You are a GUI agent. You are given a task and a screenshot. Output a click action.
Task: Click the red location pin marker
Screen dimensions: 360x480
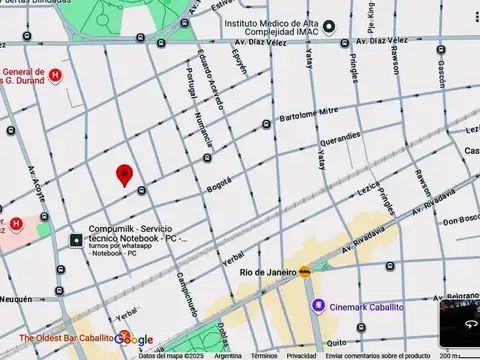pyautogui.click(x=124, y=175)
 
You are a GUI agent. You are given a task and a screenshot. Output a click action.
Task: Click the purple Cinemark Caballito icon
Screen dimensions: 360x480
pyautogui.click(x=318, y=306)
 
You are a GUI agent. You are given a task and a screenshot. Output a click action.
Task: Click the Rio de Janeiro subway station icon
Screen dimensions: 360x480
pyautogui.click(x=304, y=271)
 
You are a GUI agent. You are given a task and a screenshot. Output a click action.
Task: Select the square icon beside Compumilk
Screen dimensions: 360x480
pyautogui.click(x=76, y=240)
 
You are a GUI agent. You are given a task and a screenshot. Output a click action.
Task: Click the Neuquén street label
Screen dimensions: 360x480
pyautogui.click(x=17, y=299)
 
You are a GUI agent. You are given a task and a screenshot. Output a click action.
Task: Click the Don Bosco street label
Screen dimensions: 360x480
pyautogui.click(x=461, y=220)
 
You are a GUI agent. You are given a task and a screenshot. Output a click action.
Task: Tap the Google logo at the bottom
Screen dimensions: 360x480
pyautogui.click(x=133, y=340)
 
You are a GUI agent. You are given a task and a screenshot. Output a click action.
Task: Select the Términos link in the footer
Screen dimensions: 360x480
pyautogui.click(x=264, y=355)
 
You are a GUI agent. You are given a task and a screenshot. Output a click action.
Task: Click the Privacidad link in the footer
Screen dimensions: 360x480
pyautogui.click(x=301, y=355)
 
